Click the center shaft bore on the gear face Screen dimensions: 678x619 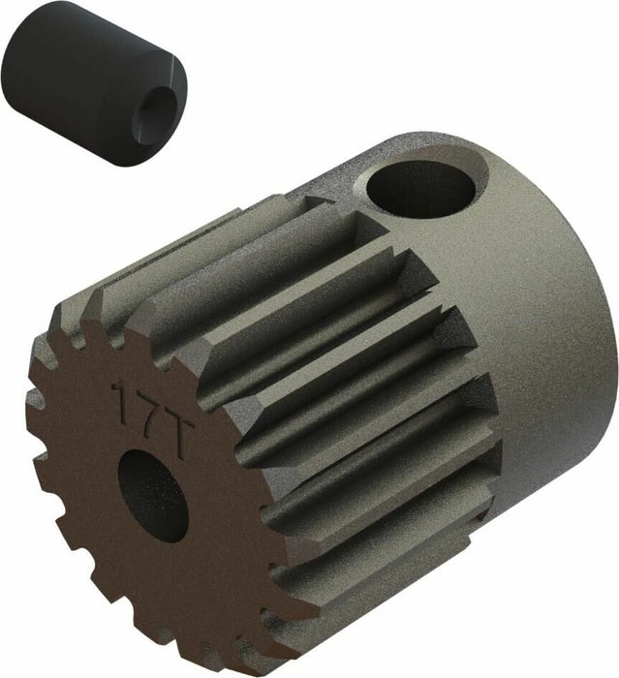click(152, 495)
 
